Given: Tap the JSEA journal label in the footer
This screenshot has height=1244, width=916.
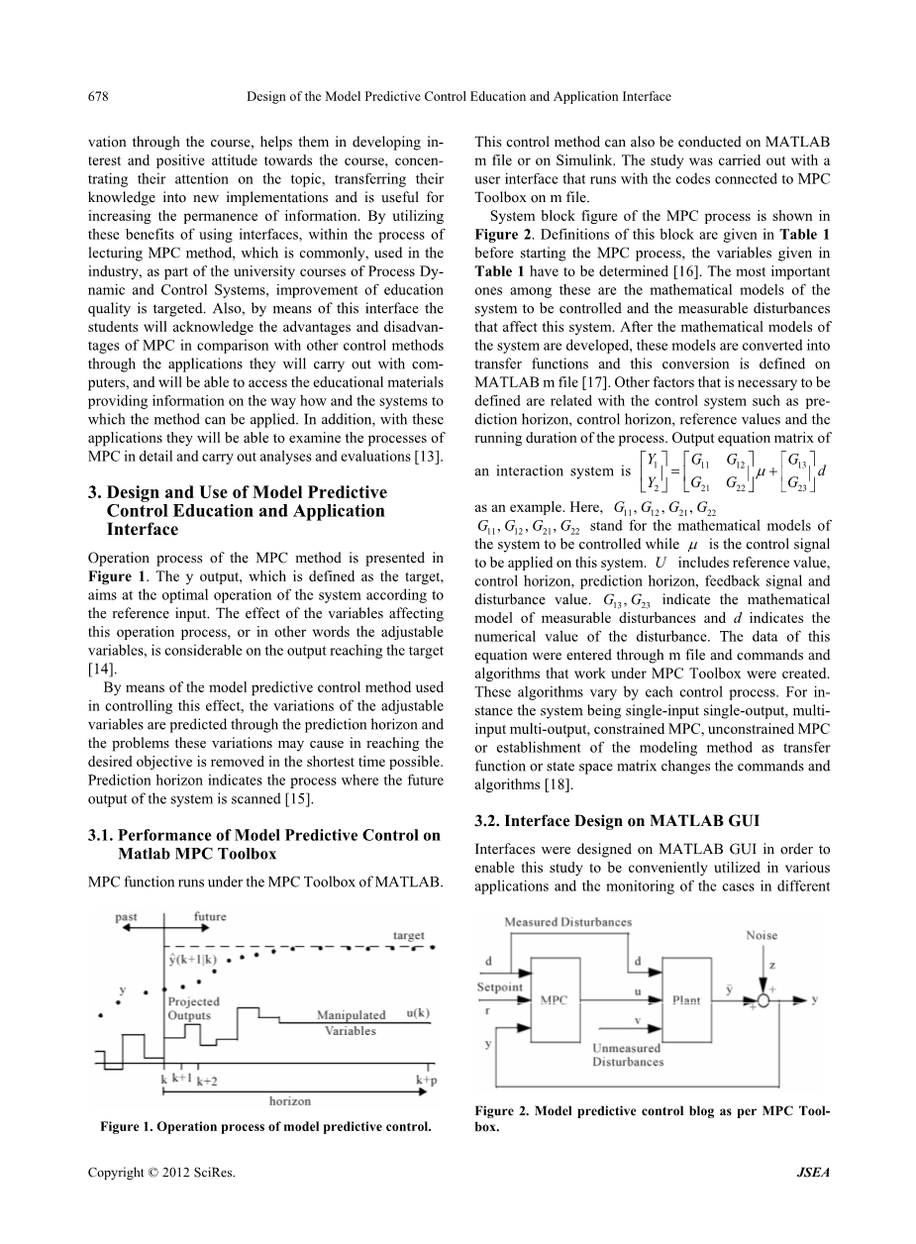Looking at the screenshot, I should point(813,1173).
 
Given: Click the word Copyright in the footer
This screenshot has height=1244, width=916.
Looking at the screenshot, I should point(117,1173).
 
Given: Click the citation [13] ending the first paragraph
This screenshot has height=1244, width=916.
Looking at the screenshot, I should point(428,456).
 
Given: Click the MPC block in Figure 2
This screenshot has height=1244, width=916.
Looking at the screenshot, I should point(554,999).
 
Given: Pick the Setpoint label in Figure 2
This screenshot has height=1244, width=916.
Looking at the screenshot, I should point(501,987).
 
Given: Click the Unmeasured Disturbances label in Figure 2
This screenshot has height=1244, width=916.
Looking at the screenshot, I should point(628,1055).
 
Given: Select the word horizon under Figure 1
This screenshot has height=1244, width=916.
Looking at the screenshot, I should point(290,1100).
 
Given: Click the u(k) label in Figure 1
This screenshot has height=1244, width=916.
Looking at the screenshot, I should point(417,1013).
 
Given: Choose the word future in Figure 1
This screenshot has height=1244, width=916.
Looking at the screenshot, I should point(211,917).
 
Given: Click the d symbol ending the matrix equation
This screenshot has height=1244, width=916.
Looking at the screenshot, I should point(823,470).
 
